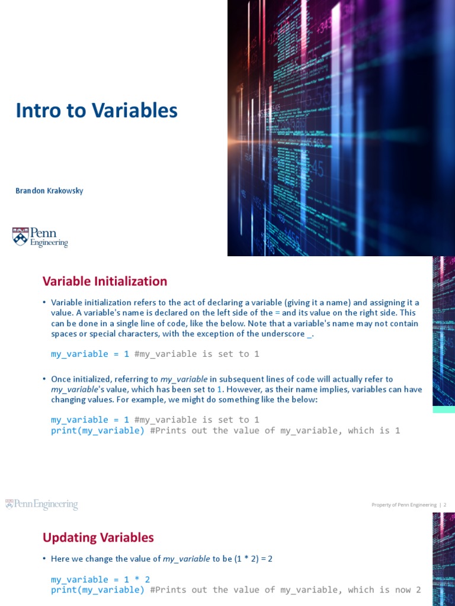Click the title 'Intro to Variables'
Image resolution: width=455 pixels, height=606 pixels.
97,111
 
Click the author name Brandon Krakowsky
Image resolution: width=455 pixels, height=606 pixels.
49,191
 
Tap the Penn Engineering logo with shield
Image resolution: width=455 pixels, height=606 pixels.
40,237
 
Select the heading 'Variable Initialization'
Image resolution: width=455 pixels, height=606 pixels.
104,281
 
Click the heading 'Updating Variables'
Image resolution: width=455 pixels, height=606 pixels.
98,537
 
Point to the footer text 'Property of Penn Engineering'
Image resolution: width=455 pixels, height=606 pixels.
404,505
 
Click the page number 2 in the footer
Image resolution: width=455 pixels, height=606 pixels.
444,505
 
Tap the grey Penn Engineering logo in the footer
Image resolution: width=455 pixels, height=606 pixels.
41,504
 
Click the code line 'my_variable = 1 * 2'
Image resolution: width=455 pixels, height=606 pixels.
100,579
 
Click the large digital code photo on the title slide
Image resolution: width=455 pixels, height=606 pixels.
341,127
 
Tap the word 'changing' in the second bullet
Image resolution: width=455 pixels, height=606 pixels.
68,400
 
